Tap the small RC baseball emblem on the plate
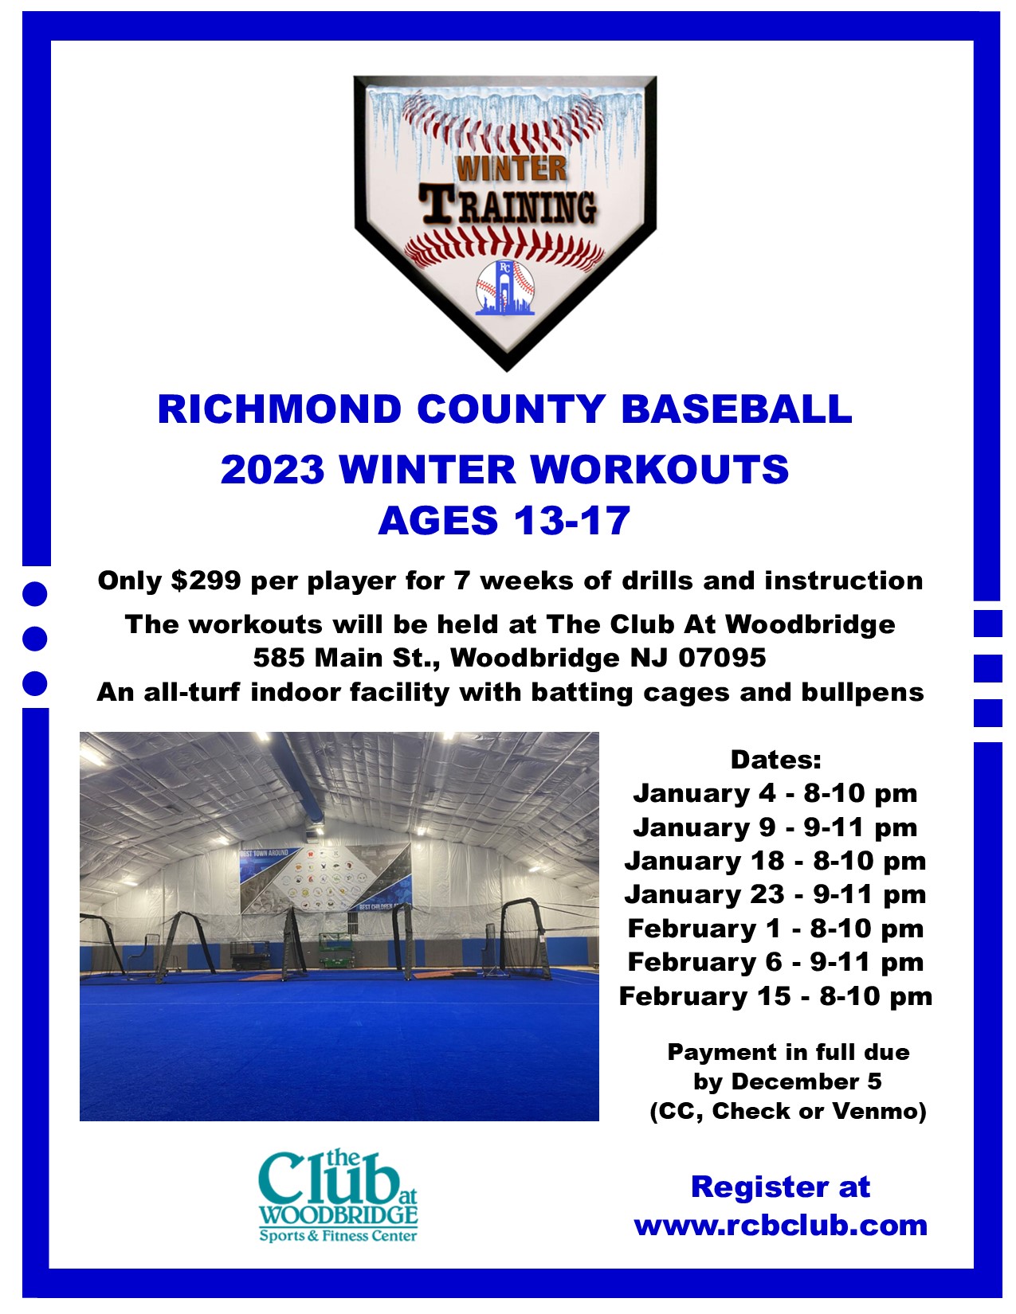click(x=505, y=287)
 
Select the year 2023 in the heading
click(x=273, y=468)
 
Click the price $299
click(x=206, y=581)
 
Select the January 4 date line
click(x=775, y=793)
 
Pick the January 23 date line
click(x=775, y=894)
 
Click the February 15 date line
click(x=775, y=996)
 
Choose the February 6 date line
click(x=775, y=962)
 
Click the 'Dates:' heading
click(x=776, y=760)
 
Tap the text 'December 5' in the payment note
click(x=806, y=1081)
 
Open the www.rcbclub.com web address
click(x=781, y=1226)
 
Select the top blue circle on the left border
click(x=34, y=594)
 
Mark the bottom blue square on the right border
click(x=987, y=712)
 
